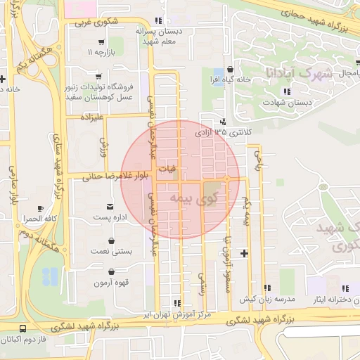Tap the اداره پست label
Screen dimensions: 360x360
(x=111, y=218)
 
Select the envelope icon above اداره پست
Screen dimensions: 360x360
(x=111, y=206)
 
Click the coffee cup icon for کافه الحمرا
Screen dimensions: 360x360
(x=40, y=208)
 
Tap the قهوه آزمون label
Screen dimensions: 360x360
(x=111, y=283)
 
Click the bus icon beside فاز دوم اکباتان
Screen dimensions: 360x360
(x=23, y=328)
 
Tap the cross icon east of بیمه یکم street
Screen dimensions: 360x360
(x=244, y=252)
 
